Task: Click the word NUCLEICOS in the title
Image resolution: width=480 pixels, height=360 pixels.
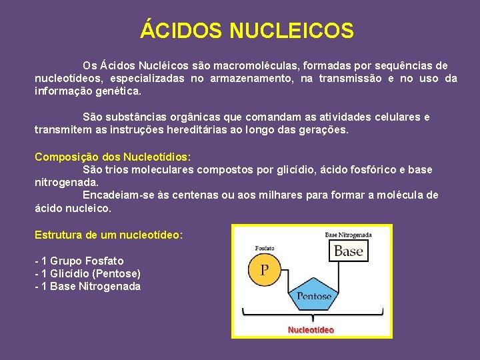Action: coord(291,31)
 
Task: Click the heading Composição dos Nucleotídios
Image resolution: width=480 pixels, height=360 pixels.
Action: coord(113,157)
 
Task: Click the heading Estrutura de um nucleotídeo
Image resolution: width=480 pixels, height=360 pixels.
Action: coord(109,235)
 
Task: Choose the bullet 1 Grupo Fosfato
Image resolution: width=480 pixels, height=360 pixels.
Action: coord(79,261)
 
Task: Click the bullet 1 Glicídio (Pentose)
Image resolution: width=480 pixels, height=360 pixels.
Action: coord(87,273)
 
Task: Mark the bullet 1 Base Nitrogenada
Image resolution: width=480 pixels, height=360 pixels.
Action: coord(87,287)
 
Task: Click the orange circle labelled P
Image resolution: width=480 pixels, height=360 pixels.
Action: coord(265,269)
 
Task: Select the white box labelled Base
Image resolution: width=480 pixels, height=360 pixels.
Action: coord(348,251)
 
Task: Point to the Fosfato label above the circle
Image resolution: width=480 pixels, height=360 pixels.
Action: coord(265,248)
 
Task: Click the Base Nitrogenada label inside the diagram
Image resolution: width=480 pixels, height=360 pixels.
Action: coord(348,235)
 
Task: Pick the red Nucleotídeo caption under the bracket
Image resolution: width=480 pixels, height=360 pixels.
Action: coord(311,329)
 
